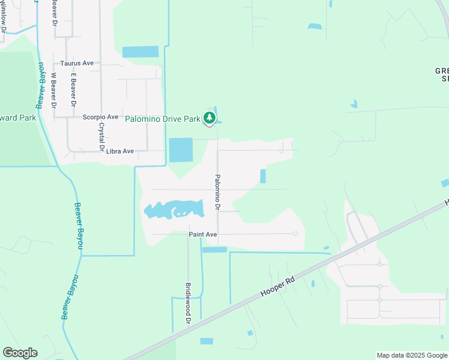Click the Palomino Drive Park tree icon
[x=209, y=118]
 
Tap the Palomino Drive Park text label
[x=162, y=119]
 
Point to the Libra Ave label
[x=119, y=151]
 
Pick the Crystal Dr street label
[x=101, y=137]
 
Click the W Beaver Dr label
[x=53, y=90]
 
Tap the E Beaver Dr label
[x=73, y=90]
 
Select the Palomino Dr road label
[x=217, y=192]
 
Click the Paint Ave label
[x=202, y=235]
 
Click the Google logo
[x=20, y=353]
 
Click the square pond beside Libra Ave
[x=181, y=150]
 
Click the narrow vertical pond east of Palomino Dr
[x=263, y=176]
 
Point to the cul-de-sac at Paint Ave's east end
[x=295, y=233]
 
